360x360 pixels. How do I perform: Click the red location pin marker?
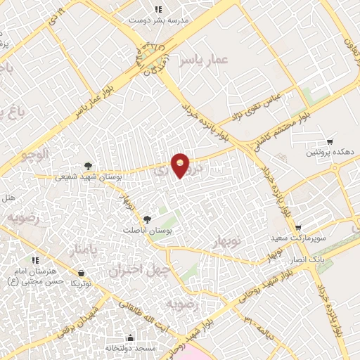click(181, 165)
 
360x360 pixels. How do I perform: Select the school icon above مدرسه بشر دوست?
click(158, 10)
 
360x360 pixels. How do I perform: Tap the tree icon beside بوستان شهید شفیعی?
click(87, 166)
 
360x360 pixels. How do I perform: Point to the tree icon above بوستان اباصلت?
click(147, 219)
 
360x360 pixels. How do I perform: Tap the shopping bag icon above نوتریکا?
click(82, 273)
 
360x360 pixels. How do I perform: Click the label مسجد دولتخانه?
click(130, 348)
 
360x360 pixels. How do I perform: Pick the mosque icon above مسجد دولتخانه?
click(130, 337)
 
